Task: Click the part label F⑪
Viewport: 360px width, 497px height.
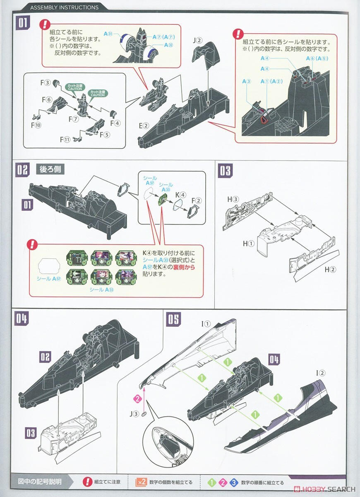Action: point(65,139)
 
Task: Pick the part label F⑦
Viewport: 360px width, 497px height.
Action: point(74,119)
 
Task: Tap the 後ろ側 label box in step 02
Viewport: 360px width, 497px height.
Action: point(49,169)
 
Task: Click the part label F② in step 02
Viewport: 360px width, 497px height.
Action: point(196,201)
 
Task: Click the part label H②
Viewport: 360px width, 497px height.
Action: point(329,269)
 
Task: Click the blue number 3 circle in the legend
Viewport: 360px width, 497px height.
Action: point(234,482)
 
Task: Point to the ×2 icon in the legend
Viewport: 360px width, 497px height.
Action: point(141,482)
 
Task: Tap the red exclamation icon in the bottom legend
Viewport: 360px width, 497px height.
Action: point(87,482)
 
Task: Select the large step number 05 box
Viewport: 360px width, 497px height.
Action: point(174,319)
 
